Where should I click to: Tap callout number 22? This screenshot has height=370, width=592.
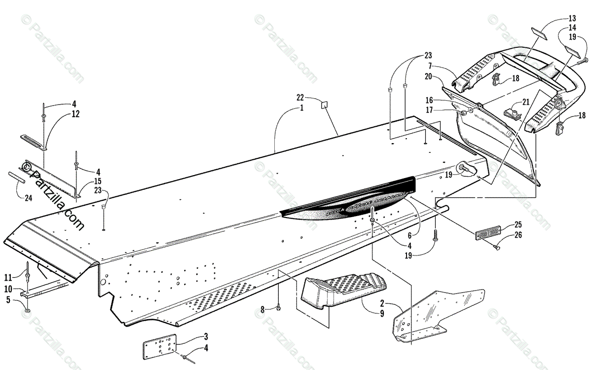[313, 97]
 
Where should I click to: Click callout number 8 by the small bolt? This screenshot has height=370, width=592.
[263, 309]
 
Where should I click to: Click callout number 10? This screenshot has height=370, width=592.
[9, 288]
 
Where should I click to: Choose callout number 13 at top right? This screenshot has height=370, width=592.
[572, 18]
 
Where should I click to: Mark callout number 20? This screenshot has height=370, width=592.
[428, 76]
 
